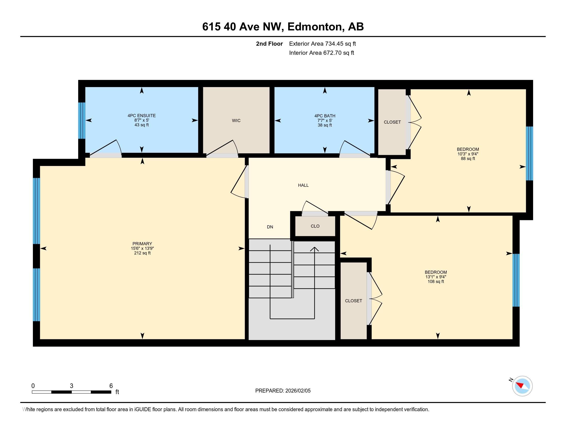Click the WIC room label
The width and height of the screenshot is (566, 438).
[x=236, y=121]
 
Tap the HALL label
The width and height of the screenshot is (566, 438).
[x=303, y=185]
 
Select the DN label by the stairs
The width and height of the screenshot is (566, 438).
[x=270, y=227]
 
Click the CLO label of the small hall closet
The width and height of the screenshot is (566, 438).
[x=315, y=226]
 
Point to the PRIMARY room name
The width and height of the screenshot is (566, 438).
[x=142, y=244]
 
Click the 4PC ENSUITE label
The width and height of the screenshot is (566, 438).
[x=142, y=116]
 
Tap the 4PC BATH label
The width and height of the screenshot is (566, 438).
[x=325, y=116]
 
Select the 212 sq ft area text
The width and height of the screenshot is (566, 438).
[x=142, y=253]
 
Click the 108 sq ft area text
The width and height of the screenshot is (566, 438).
[x=436, y=282]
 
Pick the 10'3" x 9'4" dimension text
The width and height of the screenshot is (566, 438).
[x=468, y=154]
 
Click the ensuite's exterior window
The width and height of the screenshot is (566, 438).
[x=82, y=121]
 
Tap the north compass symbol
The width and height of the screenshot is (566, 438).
[x=522, y=386]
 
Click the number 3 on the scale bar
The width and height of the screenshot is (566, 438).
[x=72, y=386]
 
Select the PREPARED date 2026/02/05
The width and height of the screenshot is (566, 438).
[x=298, y=391]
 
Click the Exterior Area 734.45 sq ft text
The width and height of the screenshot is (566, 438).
[x=322, y=44]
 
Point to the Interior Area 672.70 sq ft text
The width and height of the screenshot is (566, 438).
[x=322, y=53]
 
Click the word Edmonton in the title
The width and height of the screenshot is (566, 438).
[x=314, y=27]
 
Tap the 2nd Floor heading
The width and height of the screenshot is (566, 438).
[x=269, y=44]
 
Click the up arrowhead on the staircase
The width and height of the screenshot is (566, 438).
[x=314, y=249]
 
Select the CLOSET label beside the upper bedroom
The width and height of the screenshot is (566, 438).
[x=392, y=122]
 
